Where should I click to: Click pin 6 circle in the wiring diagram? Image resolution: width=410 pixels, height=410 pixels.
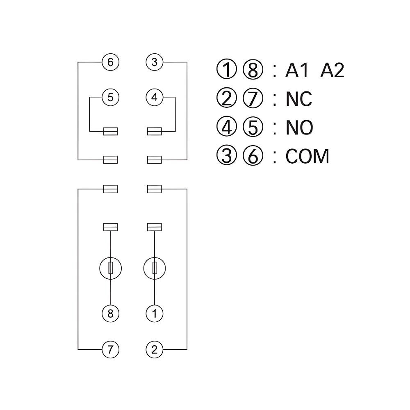coord(110,63)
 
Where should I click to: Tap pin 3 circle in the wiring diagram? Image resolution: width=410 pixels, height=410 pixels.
coord(155,63)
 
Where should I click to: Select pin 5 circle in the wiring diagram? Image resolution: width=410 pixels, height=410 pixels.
coord(110,98)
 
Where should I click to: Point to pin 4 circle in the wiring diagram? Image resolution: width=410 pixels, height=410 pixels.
coord(155,98)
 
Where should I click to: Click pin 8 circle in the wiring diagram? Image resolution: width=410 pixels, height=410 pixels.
coord(110,314)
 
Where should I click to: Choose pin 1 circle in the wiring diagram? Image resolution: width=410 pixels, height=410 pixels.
coord(155,314)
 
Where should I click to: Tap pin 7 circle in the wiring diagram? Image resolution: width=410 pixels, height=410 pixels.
coord(110,350)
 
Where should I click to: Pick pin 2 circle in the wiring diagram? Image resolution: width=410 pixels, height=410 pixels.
coord(155,350)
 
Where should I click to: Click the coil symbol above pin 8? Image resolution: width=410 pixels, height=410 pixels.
coord(110,268)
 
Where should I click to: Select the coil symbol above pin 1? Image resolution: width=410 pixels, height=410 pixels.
coord(155,268)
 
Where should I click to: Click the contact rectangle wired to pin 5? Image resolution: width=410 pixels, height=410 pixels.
coord(110,131)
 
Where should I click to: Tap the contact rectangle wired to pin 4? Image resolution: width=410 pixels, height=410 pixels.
coord(155,131)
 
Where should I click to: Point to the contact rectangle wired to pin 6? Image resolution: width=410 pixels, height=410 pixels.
coord(110,159)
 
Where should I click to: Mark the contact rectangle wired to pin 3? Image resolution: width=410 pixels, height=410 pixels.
coord(155,159)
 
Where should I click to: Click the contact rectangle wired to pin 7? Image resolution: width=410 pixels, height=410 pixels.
coord(110,189)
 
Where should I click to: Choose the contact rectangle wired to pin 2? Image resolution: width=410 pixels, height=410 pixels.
coord(155,189)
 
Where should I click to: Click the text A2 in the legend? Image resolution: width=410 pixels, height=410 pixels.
coord(332,71)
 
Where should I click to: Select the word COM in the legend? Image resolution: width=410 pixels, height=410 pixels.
coord(307,156)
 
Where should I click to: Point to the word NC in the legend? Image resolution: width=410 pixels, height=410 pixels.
coord(298,99)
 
